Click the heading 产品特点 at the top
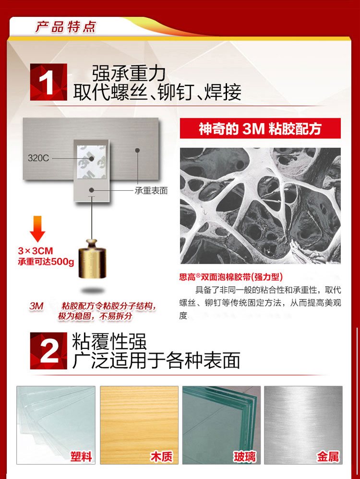(x=65, y=27)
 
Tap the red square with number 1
(x=48, y=82)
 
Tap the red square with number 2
(x=48, y=351)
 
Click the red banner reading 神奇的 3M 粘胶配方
(x=260, y=128)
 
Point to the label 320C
(x=38, y=158)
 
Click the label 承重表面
(x=151, y=191)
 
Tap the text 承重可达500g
(x=46, y=262)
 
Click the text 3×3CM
(x=36, y=251)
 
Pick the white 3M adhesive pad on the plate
(x=92, y=162)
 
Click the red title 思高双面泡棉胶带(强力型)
(x=231, y=277)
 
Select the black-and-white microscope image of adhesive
(x=260, y=206)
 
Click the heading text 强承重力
(x=129, y=74)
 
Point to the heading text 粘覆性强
(x=109, y=341)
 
